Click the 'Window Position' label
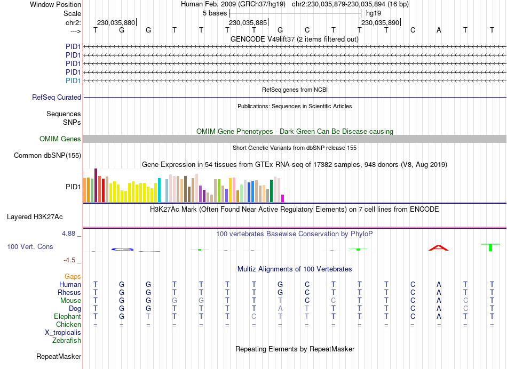coord(56,4)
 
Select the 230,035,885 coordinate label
coord(248,23)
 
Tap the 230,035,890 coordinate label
coord(380,23)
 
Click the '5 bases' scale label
coord(215,13)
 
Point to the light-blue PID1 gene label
coord(73,81)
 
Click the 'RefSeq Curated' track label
coord(57,98)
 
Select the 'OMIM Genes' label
coord(60,139)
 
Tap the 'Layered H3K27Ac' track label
coord(35,217)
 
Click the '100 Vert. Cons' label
coord(30,247)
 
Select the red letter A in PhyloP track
coord(438,247)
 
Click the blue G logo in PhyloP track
coord(122,249)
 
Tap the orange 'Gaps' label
coord(73,276)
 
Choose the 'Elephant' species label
coord(67,317)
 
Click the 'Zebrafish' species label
coord(67,341)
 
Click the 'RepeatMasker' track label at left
coord(59,356)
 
